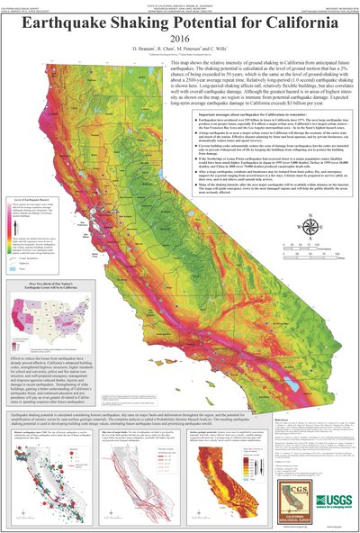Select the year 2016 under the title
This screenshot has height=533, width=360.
pyautogui.click(x=180, y=41)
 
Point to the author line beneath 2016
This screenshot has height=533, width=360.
pyautogui.click(x=180, y=53)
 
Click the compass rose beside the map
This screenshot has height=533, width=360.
pyautogui.click(x=311, y=225)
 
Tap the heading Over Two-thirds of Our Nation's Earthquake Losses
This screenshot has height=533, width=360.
pyautogui.click(x=45, y=308)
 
